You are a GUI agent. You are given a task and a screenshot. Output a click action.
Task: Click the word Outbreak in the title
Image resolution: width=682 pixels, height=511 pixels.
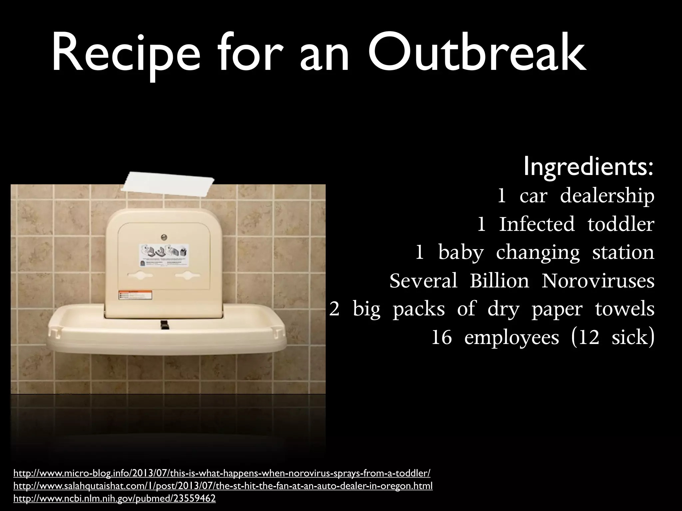(477, 53)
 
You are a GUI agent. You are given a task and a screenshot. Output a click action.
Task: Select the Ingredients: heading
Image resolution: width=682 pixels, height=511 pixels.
(588, 167)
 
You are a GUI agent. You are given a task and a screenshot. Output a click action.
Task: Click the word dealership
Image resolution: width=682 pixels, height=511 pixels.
(607, 196)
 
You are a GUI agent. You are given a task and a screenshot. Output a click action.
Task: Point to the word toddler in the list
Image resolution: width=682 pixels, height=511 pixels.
(621, 224)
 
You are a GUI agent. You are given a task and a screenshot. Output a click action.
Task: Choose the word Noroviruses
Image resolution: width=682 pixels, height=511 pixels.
(598, 281)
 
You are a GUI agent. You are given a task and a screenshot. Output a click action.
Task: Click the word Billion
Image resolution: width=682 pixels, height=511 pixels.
(499, 281)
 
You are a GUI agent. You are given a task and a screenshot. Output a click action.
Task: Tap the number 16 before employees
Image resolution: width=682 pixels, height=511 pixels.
(442, 338)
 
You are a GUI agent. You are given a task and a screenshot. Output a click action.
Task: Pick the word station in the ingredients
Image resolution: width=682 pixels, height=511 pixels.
(623, 253)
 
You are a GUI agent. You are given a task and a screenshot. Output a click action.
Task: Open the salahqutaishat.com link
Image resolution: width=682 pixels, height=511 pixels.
(223, 486)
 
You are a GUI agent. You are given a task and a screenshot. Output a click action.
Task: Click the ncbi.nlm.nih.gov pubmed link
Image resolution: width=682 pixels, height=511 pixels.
(114, 499)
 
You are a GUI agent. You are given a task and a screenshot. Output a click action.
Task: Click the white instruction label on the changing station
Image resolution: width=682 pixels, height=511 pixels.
(164, 255)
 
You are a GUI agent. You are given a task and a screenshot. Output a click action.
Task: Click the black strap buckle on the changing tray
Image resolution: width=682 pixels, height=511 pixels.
(164, 325)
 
